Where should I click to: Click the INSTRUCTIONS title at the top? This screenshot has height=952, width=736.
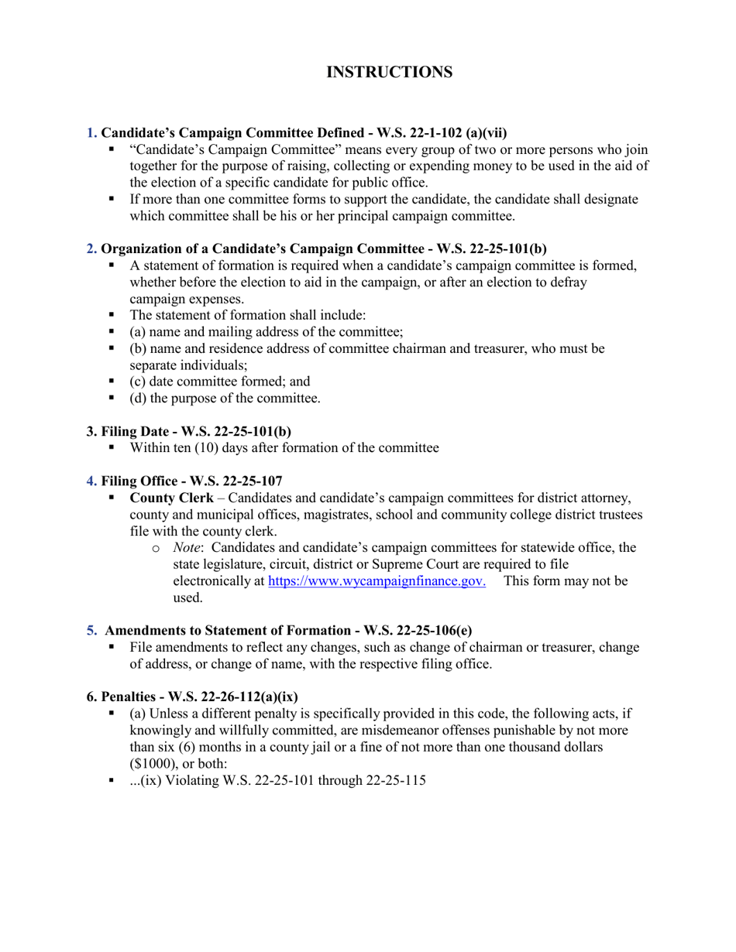coord(389,72)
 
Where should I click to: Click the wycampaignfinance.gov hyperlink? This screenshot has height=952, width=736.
coord(377,580)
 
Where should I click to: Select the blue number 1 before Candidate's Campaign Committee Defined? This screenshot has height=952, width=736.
coord(91,132)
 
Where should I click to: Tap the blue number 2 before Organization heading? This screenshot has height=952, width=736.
coord(91,248)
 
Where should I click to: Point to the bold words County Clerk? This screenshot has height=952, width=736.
coord(171,497)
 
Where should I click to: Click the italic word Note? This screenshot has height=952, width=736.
coord(187,547)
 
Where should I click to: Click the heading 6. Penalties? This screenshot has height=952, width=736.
coord(192,696)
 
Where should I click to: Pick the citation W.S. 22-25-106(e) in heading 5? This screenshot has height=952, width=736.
coord(418,630)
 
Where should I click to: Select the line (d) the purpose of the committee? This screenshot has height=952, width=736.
coord(225,399)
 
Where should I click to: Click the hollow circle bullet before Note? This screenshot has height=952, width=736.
coord(156,548)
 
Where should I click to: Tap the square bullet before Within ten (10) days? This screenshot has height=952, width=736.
coord(112,447)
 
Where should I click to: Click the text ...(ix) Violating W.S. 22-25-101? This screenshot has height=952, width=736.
coord(277,780)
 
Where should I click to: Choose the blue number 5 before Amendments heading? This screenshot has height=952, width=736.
coord(91,630)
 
